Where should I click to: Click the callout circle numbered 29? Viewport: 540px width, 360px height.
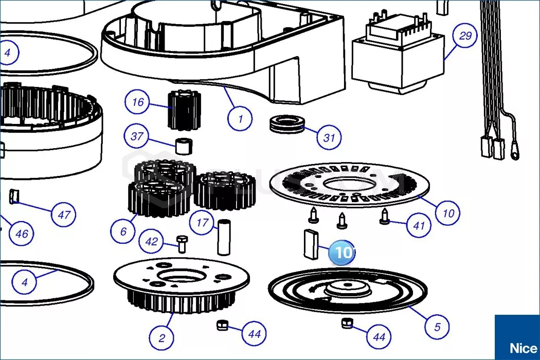click(x=465, y=36)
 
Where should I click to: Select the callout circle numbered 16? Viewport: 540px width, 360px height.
click(x=138, y=102)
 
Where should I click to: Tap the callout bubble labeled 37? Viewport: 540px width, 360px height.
click(x=137, y=137)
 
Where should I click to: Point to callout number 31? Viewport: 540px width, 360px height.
click(x=329, y=137)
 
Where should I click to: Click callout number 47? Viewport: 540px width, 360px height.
click(x=63, y=214)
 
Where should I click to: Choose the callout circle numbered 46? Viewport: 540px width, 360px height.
click(x=22, y=234)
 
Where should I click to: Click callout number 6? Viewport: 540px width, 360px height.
click(x=123, y=231)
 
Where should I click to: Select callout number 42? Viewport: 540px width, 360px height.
click(x=152, y=242)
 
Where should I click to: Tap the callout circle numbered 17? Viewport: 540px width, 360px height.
click(x=202, y=223)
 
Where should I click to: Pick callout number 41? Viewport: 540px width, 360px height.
click(x=419, y=225)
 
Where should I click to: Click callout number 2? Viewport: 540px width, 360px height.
click(x=162, y=338)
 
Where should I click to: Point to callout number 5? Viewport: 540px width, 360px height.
click(x=437, y=327)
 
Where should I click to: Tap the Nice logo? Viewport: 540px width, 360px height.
click(x=517, y=338)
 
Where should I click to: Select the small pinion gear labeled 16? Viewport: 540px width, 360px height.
click(x=183, y=109)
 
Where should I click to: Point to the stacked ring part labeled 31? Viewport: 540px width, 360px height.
click(x=285, y=124)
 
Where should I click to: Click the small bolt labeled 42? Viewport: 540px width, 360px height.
click(x=181, y=243)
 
